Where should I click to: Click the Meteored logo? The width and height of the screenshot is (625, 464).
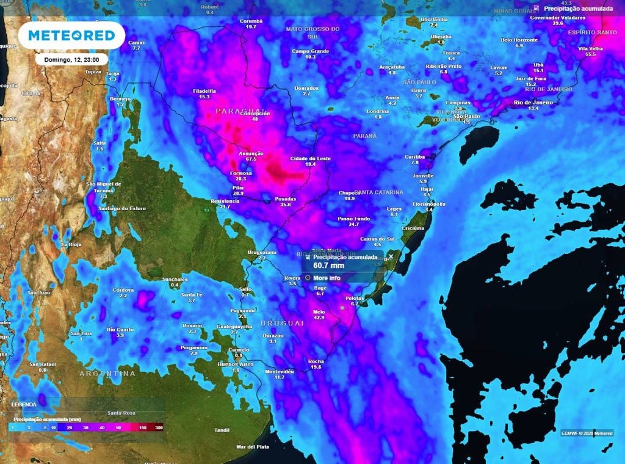tap(71, 36)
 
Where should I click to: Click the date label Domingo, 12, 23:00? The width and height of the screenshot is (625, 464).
tap(71, 59)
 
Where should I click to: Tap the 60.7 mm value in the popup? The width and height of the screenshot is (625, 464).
tap(328, 266)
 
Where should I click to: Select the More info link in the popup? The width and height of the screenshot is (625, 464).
tap(327, 278)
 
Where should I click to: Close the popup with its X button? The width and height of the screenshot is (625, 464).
tap(391, 256)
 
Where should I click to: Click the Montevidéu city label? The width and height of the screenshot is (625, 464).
tap(280, 371)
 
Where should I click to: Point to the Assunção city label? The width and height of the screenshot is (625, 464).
tap(251, 153)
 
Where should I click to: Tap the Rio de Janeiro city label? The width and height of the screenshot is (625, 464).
tap(533, 103)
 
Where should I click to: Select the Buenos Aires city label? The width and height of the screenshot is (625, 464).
tap(235, 364)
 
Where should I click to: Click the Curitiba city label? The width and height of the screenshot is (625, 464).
tap(414, 157)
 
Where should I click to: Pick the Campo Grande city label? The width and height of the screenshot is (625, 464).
tap(311, 51)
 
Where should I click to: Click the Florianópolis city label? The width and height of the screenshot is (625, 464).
tap(429, 204)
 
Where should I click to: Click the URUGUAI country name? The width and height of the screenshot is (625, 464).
tap(281, 323)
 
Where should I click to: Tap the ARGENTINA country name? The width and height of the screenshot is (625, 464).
tap(107, 373)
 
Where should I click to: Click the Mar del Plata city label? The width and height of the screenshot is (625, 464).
tap(253, 447)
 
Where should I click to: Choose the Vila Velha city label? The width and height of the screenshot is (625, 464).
tap(590, 48)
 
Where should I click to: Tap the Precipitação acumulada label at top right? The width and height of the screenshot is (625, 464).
tap(577, 9)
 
